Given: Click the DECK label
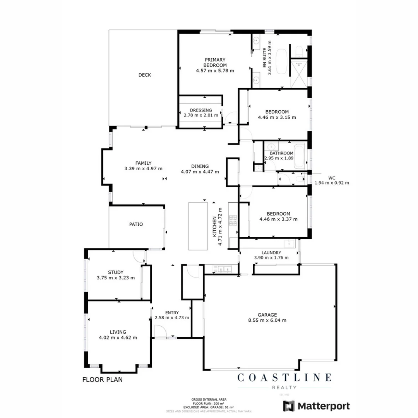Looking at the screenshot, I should pos(145,75).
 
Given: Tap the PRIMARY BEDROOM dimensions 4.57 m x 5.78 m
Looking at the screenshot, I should pos(215,71).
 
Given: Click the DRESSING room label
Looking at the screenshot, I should pos(201,110).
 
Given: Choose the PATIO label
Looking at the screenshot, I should pos(136,224).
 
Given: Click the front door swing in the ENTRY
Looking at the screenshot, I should pos(160,331).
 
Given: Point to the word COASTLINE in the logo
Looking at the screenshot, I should pos(284,377).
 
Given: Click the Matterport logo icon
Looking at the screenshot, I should pos(288,406).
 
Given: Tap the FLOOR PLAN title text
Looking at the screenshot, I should pos(103,380).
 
